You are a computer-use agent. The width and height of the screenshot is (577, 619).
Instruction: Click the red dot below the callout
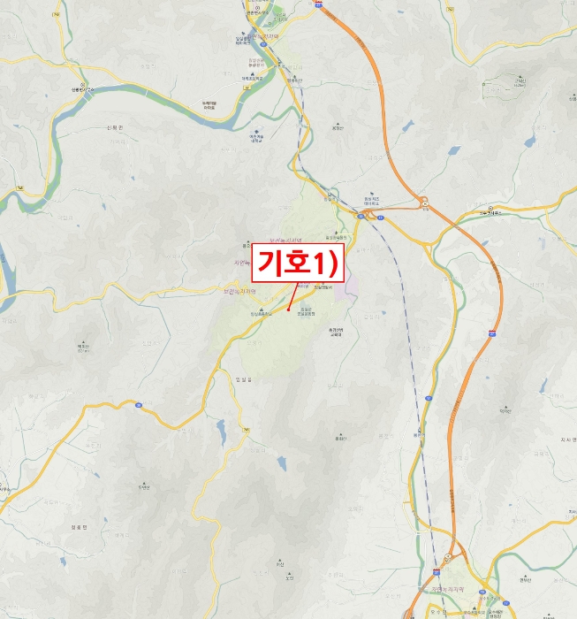[x=289, y=309]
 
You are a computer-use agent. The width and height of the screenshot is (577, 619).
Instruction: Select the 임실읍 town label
[x=244, y=379]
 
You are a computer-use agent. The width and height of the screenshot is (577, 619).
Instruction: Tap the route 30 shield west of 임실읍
[x=139, y=404]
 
